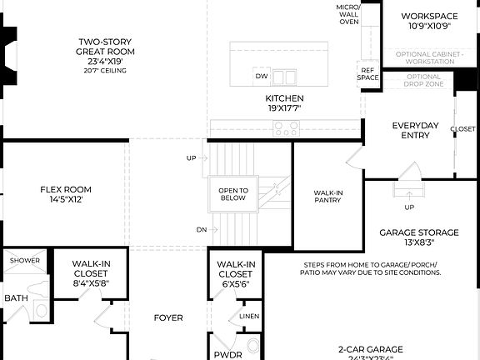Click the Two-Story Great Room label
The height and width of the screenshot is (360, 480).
105,52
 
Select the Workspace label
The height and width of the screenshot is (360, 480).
429,21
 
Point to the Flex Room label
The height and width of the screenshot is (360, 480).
66,194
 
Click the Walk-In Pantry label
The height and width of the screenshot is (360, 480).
328,197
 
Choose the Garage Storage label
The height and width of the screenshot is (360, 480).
419,237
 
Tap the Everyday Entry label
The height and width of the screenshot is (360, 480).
415,131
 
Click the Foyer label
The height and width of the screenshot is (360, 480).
168,317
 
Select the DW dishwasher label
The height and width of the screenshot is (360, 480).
262,77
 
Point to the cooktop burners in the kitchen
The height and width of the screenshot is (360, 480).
287,128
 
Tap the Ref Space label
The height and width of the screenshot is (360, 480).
368,74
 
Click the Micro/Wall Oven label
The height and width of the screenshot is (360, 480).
348,14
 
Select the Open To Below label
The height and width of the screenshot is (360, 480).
233,193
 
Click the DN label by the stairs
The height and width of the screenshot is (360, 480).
202,229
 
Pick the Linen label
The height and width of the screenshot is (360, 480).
249,316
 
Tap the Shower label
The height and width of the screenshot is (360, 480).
25,261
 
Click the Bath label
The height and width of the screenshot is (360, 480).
16,297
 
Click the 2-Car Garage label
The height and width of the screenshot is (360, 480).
371,349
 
